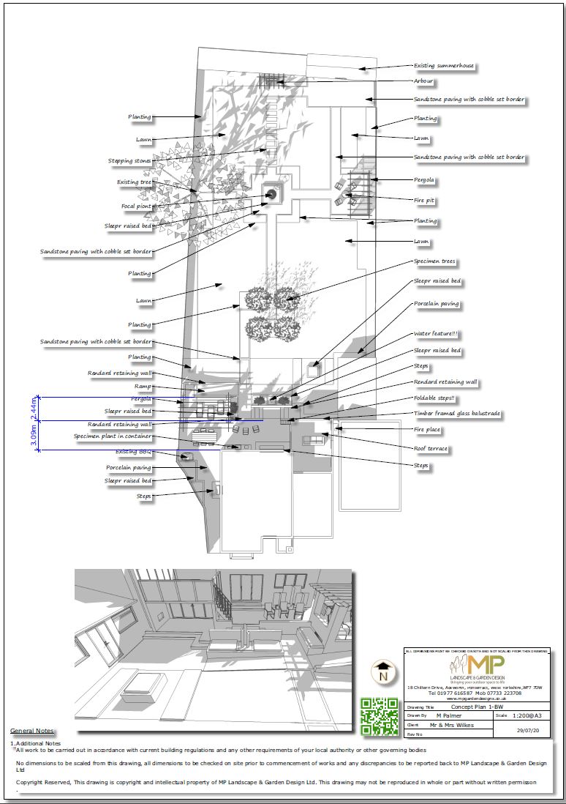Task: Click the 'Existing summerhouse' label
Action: pos(444,66)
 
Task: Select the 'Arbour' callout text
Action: pos(423,81)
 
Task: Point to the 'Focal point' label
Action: pos(136,206)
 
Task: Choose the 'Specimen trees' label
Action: pos(436,261)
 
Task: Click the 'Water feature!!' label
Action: pos(436,334)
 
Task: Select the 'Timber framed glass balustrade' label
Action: pos(457,414)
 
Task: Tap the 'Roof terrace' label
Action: pos(431,447)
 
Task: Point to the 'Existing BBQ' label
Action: pos(136,452)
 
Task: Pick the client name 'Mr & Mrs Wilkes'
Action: pos(451,725)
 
